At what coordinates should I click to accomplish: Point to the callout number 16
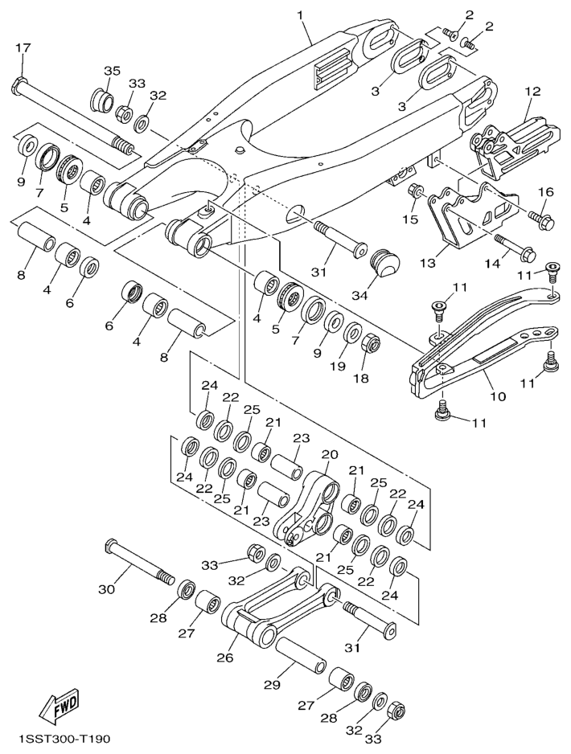pyautogui.click(x=547, y=192)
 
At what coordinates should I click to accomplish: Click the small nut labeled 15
pyautogui.click(x=417, y=192)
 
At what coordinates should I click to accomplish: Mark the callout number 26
pyautogui.click(x=224, y=658)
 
